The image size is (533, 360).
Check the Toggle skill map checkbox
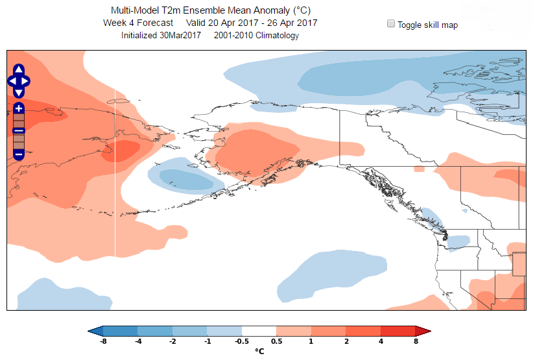tap(391, 24)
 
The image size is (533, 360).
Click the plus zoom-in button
tap(18, 108)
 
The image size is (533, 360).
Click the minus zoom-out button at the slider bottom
tap(18, 154)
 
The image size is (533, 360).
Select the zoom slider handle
tap(18, 131)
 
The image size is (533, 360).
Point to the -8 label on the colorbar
tap(102, 341)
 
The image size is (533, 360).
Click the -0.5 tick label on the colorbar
tap(242, 341)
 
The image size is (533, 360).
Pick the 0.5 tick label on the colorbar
tap(277, 341)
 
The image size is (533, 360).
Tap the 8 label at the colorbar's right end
tap(416, 341)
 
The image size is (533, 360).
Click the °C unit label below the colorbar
tap(259, 352)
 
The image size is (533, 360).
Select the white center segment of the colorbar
tap(259, 331)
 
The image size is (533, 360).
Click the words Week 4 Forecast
tap(137, 23)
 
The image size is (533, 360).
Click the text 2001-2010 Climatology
tap(261, 36)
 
